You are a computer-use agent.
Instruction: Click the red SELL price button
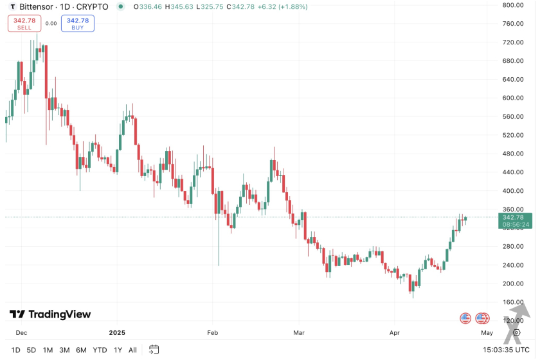tap(24, 24)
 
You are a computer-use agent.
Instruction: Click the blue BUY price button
tap(78, 24)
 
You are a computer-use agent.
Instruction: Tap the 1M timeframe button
tap(48, 350)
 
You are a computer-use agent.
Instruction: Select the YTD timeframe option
tap(100, 350)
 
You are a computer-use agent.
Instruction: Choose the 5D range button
tap(31, 350)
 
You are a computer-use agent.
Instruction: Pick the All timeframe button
tap(132, 350)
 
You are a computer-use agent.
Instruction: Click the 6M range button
tap(81, 350)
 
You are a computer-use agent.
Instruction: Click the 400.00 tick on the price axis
tap(514, 191)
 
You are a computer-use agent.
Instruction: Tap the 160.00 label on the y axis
tap(514, 302)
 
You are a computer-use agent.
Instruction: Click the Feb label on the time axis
tap(213, 332)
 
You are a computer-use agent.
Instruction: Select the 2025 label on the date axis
tap(117, 332)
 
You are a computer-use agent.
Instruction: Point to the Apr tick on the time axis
tap(395, 332)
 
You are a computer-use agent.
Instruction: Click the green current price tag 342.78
tap(516, 221)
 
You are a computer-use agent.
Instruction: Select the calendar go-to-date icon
tap(154, 350)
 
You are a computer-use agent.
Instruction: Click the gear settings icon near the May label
tap(516, 332)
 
